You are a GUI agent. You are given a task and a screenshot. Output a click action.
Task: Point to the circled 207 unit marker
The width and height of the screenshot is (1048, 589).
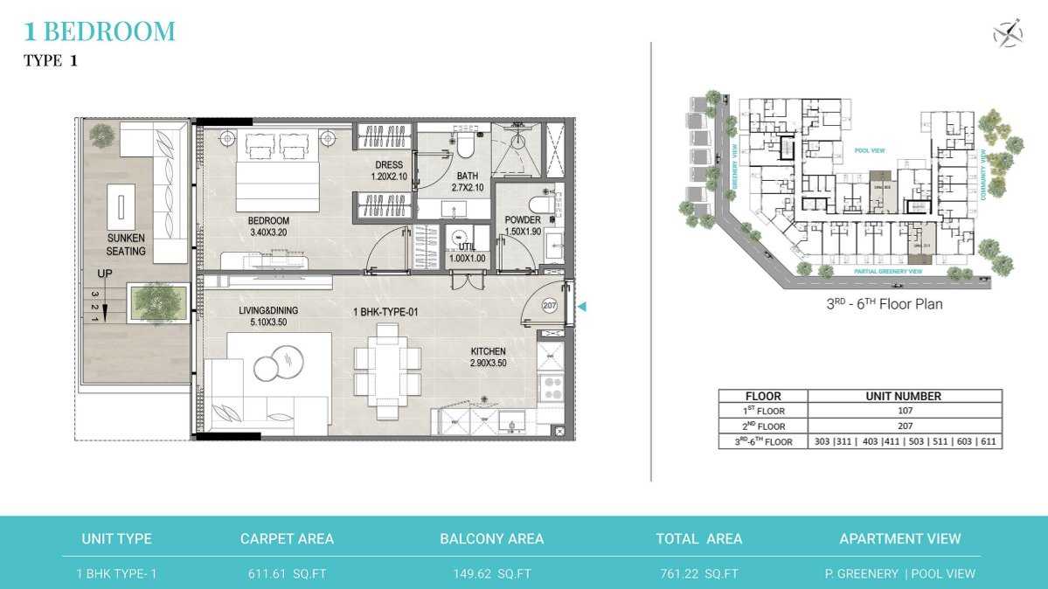550,306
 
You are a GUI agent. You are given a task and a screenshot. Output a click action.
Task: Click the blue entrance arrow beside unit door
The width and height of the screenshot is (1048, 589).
583,306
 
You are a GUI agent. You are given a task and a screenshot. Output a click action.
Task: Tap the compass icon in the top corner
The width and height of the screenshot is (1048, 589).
1008,34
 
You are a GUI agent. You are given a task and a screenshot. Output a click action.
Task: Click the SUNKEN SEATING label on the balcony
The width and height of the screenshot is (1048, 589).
126,244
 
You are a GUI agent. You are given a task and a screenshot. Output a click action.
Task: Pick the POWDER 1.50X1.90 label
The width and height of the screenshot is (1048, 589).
523,225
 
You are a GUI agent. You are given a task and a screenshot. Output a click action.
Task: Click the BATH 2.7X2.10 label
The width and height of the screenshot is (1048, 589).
468,182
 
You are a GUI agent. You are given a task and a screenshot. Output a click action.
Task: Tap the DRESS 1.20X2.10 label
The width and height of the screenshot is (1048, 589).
389,170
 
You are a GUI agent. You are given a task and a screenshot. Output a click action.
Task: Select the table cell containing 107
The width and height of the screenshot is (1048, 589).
905,411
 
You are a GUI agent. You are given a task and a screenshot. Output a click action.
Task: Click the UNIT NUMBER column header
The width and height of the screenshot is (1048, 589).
905,396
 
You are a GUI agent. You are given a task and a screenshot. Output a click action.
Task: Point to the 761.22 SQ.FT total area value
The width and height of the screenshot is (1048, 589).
699,574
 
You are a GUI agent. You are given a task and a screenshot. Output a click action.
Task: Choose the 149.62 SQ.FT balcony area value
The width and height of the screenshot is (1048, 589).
491,574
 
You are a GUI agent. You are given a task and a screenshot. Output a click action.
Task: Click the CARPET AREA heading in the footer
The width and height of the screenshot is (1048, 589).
287,539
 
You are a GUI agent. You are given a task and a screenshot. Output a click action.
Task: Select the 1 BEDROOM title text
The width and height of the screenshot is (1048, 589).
100,32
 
